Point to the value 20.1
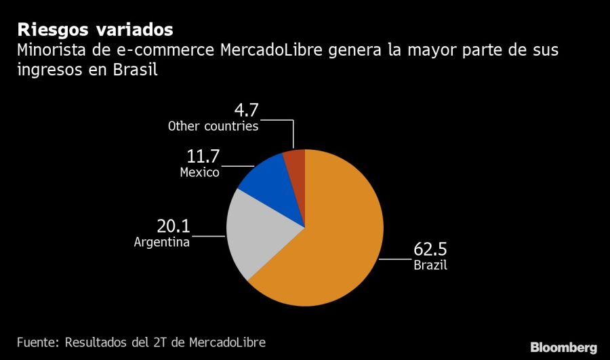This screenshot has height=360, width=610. (x=172, y=226)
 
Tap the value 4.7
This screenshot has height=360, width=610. (x=245, y=110)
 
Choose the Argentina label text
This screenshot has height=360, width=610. (x=161, y=242)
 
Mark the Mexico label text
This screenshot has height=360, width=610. (x=199, y=172)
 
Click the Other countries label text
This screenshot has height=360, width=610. (x=213, y=126)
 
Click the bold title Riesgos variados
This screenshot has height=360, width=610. (x=94, y=30)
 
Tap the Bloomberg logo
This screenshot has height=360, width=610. (x=563, y=347)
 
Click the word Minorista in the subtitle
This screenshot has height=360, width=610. (x=51, y=50)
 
